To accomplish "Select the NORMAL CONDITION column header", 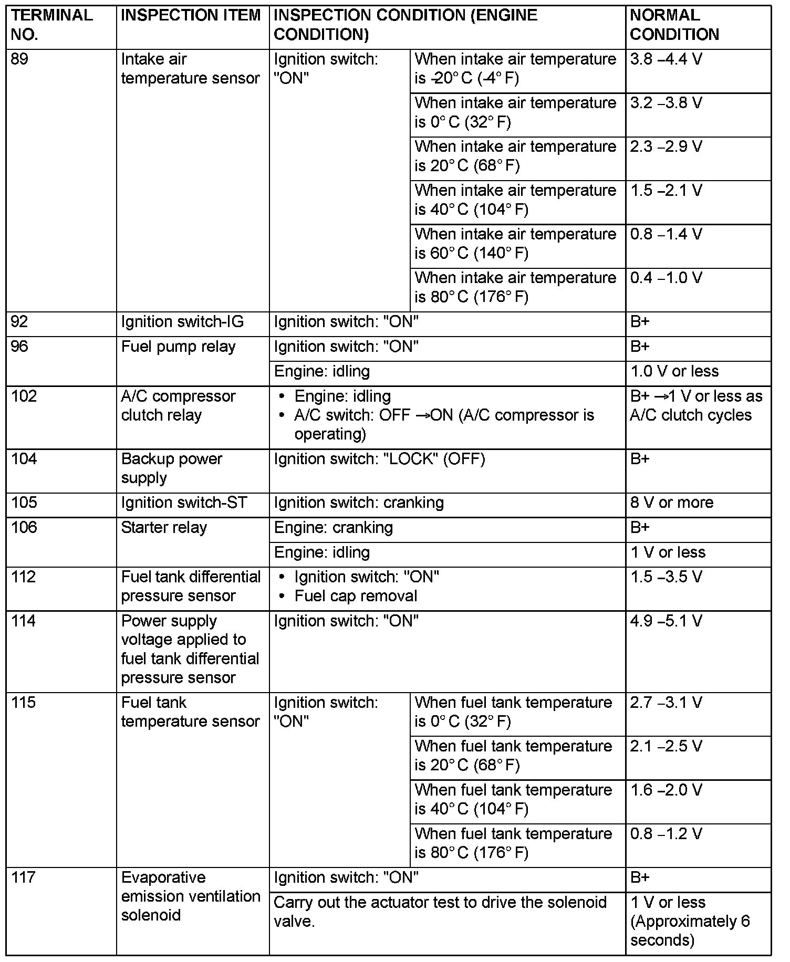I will tap(674, 25).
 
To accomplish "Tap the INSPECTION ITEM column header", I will tap(191, 15).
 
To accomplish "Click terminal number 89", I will tap(19, 59).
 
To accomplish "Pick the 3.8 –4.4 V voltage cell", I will tap(666, 59).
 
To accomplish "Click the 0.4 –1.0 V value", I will tap(666, 277).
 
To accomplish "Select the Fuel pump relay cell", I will tap(178, 347).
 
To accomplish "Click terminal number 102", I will tap(24, 396).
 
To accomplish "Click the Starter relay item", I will tap(164, 527).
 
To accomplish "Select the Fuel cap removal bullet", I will tap(356, 596).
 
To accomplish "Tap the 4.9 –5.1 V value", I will tap(666, 621).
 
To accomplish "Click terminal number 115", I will tap(24, 703).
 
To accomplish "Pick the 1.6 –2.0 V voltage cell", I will tap(666, 790).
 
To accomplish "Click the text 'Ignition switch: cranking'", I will tap(359, 503).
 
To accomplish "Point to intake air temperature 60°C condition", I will tap(515, 244).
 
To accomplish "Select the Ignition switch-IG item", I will tap(182, 322).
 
